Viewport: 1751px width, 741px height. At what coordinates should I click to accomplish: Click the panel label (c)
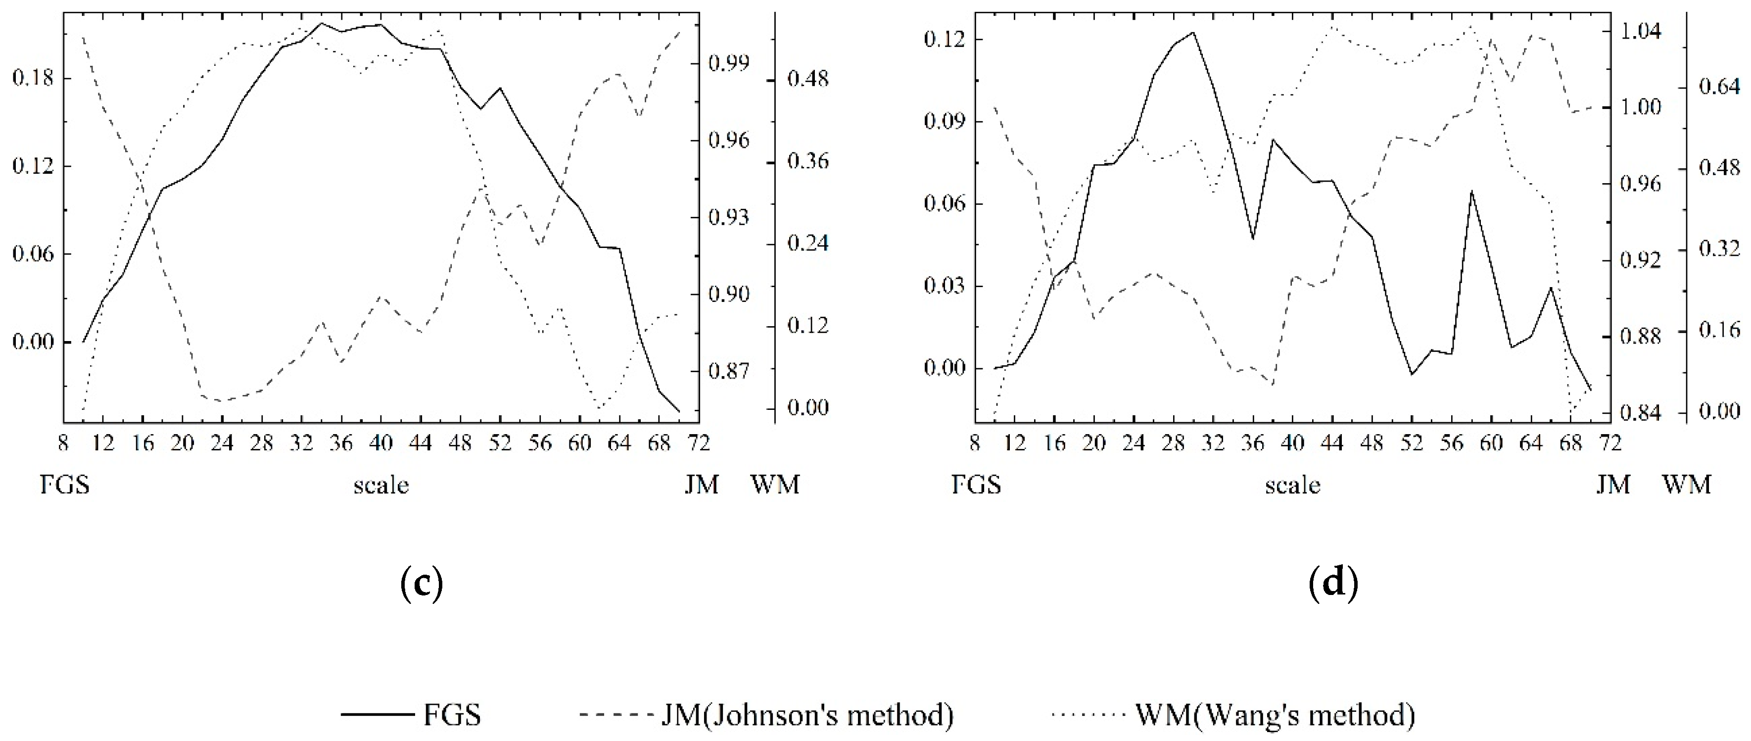(x=422, y=583)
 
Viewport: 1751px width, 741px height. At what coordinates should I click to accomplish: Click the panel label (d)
(x=1333, y=583)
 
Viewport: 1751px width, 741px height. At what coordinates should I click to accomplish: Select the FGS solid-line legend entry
(x=411, y=714)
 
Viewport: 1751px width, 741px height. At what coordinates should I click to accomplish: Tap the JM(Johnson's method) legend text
(x=807, y=714)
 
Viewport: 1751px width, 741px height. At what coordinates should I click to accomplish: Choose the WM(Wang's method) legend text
(x=1275, y=714)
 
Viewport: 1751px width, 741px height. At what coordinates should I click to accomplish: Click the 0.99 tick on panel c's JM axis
(x=729, y=64)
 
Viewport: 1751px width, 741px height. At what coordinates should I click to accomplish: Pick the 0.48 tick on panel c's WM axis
(x=808, y=80)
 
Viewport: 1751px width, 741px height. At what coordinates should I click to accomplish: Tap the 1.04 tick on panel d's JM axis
(x=1641, y=31)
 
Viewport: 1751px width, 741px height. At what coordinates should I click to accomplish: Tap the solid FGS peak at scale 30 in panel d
(x=1193, y=32)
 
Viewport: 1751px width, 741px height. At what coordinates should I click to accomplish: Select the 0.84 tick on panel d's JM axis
(x=1641, y=413)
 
